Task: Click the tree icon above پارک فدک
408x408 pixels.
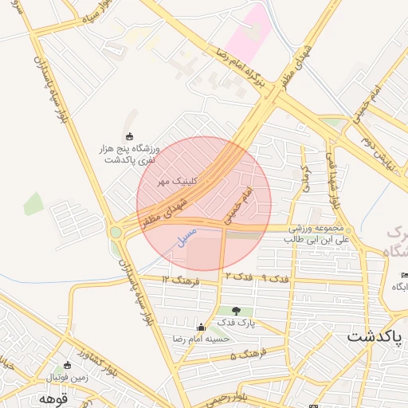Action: [x=235, y=310]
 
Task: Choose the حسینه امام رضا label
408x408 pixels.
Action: [x=199, y=338]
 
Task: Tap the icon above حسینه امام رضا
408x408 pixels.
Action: [x=201, y=327]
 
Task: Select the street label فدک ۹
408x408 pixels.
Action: [x=276, y=278]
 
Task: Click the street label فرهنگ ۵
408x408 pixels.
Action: [x=244, y=353]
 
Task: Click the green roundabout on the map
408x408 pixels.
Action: [x=116, y=232]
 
